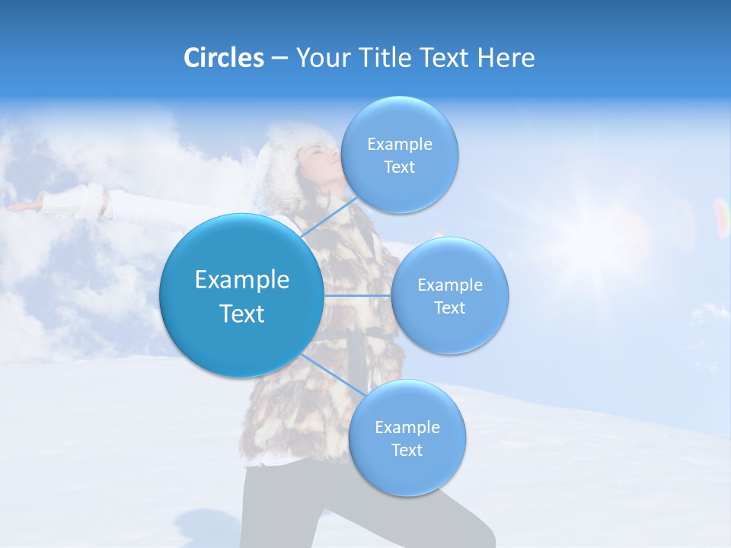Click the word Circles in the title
pyautogui.click(x=223, y=58)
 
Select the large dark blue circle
pyautogui.click(x=241, y=296)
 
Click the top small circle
pyautogui.click(x=399, y=155)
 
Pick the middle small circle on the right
pyautogui.click(x=449, y=296)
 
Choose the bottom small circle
pyautogui.click(x=407, y=438)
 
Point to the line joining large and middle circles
pyautogui.click(x=357, y=295)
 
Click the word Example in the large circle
pyautogui.click(x=241, y=280)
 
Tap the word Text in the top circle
pyautogui.click(x=399, y=167)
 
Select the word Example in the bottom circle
pyautogui.click(x=407, y=427)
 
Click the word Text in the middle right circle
pyautogui.click(x=449, y=308)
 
